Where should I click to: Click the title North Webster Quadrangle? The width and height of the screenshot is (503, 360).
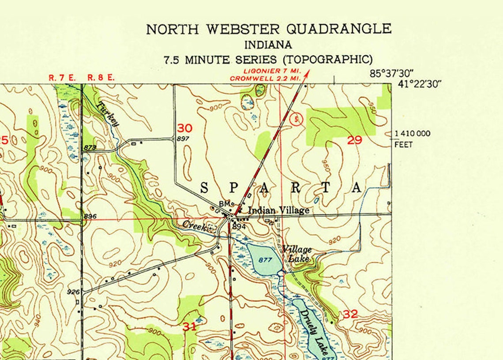(x=268, y=29)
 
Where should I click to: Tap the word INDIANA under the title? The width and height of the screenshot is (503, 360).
(x=268, y=45)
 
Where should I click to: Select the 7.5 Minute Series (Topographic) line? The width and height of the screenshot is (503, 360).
(x=268, y=60)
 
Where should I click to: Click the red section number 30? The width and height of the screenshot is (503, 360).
(x=185, y=128)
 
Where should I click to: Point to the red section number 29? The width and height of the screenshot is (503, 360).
(x=354, y=140)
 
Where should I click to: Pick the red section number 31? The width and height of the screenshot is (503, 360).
(x=190, y=327)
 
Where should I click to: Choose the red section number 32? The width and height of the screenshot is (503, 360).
(x=350, y=314)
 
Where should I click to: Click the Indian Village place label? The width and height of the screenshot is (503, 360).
(x=278, y=210)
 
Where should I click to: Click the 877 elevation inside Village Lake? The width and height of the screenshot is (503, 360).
(x=265, y=260)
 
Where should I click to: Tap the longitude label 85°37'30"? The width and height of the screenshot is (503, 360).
(x=392, y=74)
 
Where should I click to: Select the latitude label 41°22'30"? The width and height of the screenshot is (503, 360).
(x=419, y=84)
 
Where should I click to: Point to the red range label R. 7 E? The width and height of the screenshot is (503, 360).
(x=62, y=78)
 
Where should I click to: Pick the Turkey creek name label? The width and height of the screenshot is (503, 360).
(x=108, y=114)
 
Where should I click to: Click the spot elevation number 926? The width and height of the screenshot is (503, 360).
(x=73, y=292)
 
